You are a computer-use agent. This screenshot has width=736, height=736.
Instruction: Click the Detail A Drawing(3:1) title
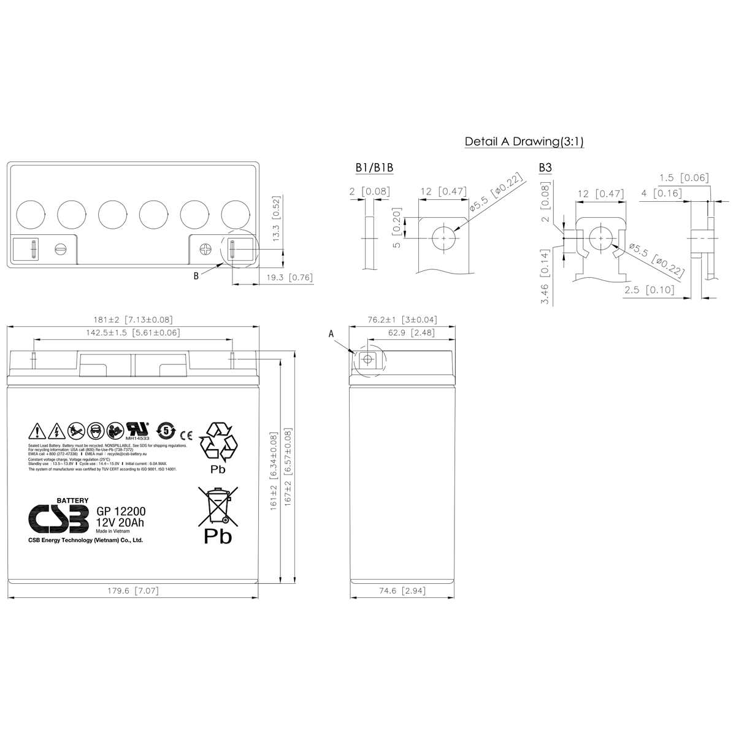pyautogui.click(x=524, y=142)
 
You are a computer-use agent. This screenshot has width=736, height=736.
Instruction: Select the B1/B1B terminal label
pyautogui.click(x=374, y=168)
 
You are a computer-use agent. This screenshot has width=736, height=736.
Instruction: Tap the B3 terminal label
pyautogui.click(x=545, y=168)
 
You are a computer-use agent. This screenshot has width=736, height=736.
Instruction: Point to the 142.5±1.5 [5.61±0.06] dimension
pyautogui.click(x=133, y=332)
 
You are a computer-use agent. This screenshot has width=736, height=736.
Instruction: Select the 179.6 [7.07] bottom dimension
pyautogui.click(x=133, y=591)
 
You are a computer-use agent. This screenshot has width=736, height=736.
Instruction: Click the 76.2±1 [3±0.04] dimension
pyautogui.click(x=402, y=320)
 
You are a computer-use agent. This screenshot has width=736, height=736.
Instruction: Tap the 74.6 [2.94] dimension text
pyautogui.click(x=401, y=591)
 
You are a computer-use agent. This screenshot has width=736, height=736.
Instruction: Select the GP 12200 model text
pyautogui.click(x=120, y=512)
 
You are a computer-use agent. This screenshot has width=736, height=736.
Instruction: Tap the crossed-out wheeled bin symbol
pyautogui.click(x=217, y=507)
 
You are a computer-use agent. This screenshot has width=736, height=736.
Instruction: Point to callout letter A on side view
pyautogui.click(x=332, y=334)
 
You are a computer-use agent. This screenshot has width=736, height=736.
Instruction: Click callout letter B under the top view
pyautogui.click(x=196, y=276)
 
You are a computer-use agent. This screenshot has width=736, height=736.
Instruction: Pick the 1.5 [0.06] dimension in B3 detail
pyautogui.click(x=684, y=178)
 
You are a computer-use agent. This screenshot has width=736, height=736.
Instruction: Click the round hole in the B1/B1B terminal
pyautogui.click(x=444, y=237)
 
